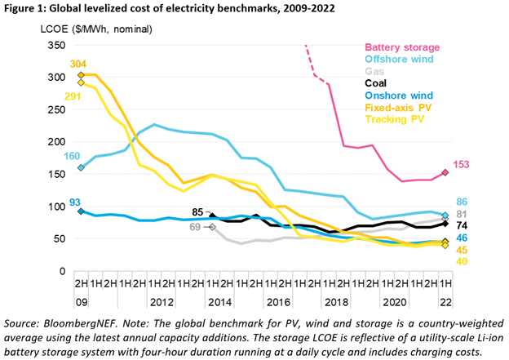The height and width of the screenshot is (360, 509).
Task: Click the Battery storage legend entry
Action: (402, 47)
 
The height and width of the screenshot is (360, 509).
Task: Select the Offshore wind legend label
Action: (399, 59)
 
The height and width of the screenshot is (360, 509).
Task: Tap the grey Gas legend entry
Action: (374, 71)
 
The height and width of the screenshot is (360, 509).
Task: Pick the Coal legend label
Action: (375, 83)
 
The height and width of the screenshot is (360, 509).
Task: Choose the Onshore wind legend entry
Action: (399, 96)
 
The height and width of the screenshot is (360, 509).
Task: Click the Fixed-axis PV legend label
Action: (398, 108)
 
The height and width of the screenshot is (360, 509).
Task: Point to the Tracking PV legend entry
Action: (395, 119)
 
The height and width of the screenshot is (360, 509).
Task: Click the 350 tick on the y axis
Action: (56, 45)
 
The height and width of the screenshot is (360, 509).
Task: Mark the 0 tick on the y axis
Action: (62, 271)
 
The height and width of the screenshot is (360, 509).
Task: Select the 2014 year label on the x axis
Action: (219, 303)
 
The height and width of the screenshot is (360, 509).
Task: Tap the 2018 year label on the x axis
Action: (336, 303)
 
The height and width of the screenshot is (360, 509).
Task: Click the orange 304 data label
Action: (78, 64)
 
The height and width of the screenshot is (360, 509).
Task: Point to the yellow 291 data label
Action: (73, 96)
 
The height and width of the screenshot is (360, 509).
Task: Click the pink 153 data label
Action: (461, 164)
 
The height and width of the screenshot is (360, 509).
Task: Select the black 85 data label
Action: (197, 212)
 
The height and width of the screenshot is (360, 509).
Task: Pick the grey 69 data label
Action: (195, 227)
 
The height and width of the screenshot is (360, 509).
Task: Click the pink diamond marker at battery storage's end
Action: (445, 172)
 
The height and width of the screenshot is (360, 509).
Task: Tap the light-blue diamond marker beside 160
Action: (81, 167)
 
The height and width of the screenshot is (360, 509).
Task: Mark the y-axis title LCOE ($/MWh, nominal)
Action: (96, 29)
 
